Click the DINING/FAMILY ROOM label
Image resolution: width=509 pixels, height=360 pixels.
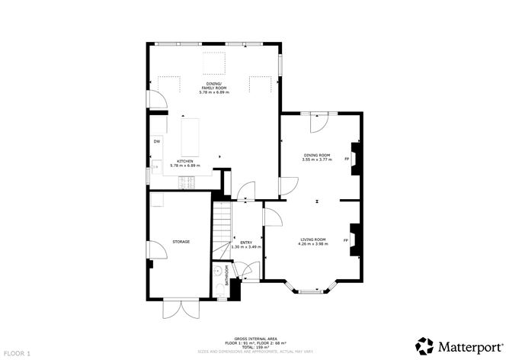click(216, 87)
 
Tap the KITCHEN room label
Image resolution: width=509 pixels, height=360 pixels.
click(184, 163)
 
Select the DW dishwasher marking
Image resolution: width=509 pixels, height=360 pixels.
click(156, 141)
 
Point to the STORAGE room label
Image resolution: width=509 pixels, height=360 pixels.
click(180, 242)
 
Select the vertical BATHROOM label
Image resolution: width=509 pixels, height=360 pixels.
click(226, 275)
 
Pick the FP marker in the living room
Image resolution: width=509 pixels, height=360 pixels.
click(347, 241)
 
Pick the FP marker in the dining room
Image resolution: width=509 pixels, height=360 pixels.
click(347, 159)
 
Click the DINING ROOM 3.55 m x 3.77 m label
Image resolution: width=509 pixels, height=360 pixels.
click(316, 157)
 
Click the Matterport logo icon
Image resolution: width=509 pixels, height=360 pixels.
click(421, 343)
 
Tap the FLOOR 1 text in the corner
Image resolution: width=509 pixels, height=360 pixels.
click(17, 354)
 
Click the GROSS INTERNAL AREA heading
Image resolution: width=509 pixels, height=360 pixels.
click(254, 338)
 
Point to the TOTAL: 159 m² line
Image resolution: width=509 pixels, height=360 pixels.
click(254, 347)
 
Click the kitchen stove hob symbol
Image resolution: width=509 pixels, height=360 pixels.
click(187, 182)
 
